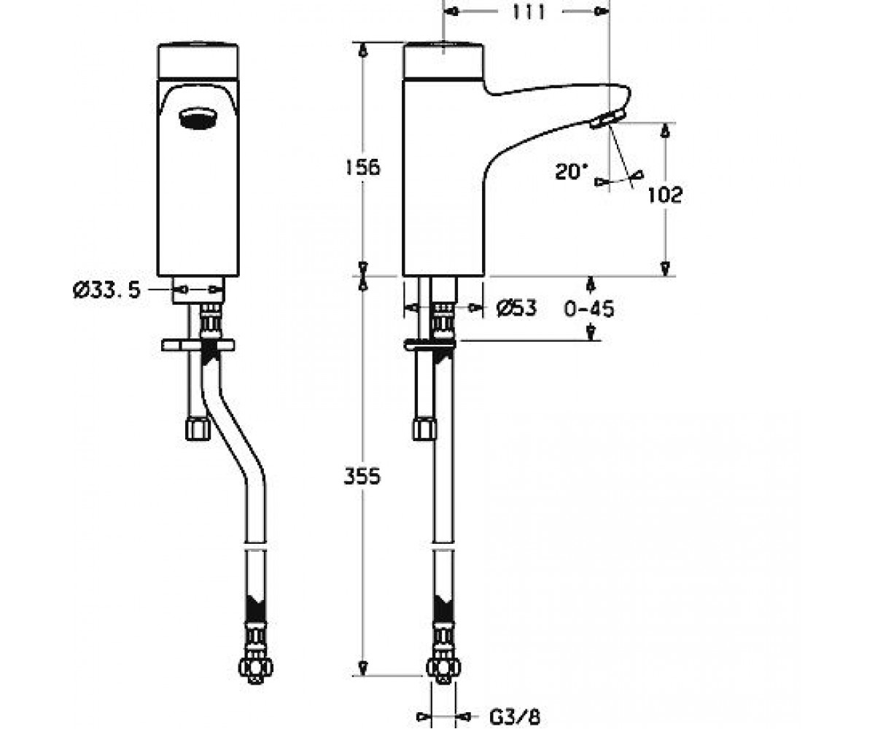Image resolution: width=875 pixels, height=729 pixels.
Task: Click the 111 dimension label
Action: [x=529, y=12]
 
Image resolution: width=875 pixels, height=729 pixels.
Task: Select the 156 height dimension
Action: [x=362, y=168]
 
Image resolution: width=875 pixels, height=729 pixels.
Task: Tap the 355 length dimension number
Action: [x=362, y=476]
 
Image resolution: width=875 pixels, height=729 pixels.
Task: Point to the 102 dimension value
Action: [x=665, y=195]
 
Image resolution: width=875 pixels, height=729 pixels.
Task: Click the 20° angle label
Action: [x=572, y=171]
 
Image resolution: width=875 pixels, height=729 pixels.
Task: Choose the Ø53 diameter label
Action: [x=517, y=308]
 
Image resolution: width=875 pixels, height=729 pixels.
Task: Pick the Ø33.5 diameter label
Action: [x=106, y=290]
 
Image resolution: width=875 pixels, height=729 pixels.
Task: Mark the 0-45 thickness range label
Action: [x=588, y=309]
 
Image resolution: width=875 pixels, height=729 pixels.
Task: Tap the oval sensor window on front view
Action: [x=197, y=118]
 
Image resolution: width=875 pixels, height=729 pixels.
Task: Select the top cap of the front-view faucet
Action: [x=198, y=61]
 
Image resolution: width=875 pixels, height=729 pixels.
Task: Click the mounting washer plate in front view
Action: [x=198, y=346]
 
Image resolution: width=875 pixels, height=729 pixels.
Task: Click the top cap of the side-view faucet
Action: [x=443, y=61]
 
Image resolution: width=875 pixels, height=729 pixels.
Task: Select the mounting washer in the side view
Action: [x=429, y=344]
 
